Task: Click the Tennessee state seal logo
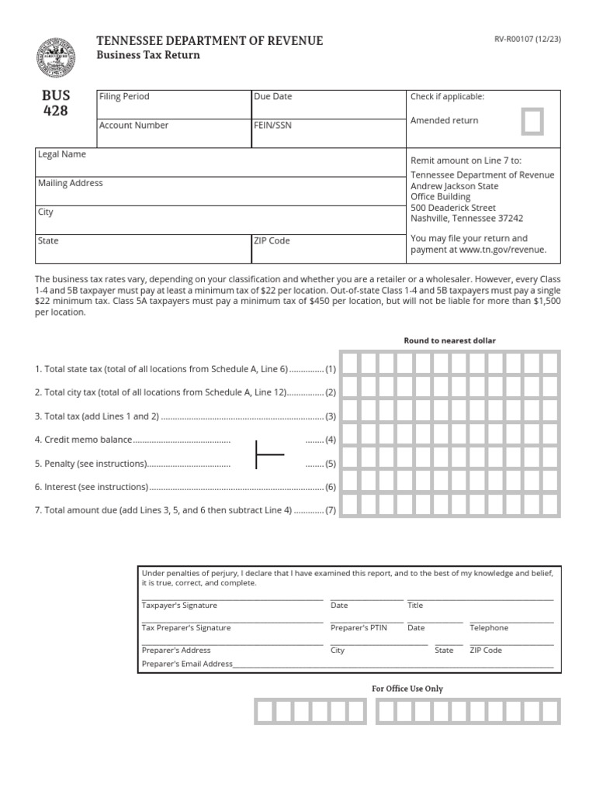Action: pyautogui.click(x=56, y=58)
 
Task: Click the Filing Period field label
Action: pyautogui.click(x=124, y=97)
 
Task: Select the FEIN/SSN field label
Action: pyautogui.click(x=272, y=126)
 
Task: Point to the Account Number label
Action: pyautogui.click(x=133, y=126)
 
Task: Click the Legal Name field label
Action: pyautogui.click(x=62, y=154)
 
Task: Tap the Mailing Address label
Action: pyautogui.click(x=71, y=184)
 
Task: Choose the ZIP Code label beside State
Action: pyautogui.click(x=272, y=241)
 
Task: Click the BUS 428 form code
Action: pyautogui.click(x=56, y=103)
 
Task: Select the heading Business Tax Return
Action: pyautogui.click(x=147, y=55)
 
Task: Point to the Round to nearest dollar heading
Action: pyautogui.click(x=449, y=340)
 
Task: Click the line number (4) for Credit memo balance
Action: pyautogui.click(x=330, y=440)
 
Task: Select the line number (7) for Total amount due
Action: pyautogui.click(x=330, y=511)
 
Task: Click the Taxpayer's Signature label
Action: pyautogui.click(x=179, y=606)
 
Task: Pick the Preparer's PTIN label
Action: pyautogui.click(x=358, y=628)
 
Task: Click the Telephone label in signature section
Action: pyautogui.click(x=489, y=628)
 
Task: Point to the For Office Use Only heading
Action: pyautogui.click(x=407, y=689)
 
